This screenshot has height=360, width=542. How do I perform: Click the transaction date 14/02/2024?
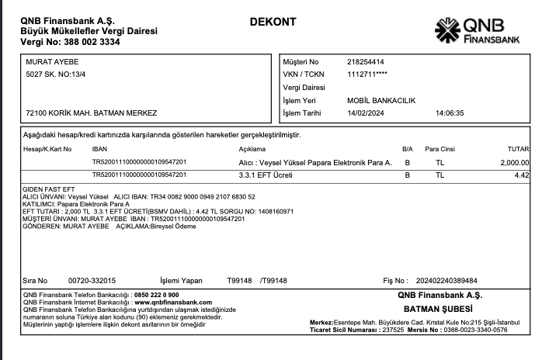pyautogui.click(x=366, y=112)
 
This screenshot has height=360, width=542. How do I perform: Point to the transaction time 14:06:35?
pyautogui.click(x=450, y=112)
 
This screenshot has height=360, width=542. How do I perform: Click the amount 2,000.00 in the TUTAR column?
pyautogui.click(x=515, y=162)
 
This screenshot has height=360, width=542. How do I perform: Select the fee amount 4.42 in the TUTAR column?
pyautogui.click(x=522, y=175)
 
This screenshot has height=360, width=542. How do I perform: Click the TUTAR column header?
pyautogui.click(x=518, y=148)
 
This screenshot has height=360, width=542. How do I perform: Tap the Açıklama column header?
pyautogui.click(x=252, y=148)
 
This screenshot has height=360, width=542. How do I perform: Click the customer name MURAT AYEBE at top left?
pyautogui.click(x=53, y=61)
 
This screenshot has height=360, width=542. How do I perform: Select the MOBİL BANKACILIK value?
pyautogui.click(x=382, y=100)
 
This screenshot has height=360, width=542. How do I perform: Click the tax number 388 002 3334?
pyautogui.click(x=82, y=42)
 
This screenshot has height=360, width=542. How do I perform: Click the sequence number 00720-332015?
pyautogui.click(x=92, y=280)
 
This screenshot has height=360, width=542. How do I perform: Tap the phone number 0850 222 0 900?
pyautogui.click(x=156, y=295)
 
